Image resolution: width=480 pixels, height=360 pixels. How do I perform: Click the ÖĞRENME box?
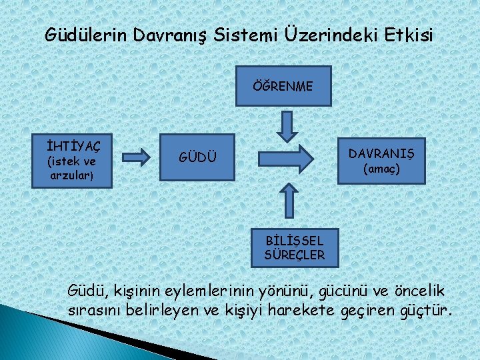click(x=283, y=86)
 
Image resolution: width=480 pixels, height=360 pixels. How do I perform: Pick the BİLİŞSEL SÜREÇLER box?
click(x=294, y=247)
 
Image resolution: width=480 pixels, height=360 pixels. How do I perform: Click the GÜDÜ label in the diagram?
click(x=197, y=157)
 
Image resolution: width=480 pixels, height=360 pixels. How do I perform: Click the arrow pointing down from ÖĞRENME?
click(x=287, y=125)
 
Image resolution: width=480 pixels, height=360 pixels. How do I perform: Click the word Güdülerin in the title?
click(x=85, y=34)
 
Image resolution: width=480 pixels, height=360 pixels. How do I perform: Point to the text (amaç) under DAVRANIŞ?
click(x=381, y=169)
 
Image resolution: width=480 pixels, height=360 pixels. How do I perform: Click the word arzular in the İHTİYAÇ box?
click(x=70, y=176)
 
